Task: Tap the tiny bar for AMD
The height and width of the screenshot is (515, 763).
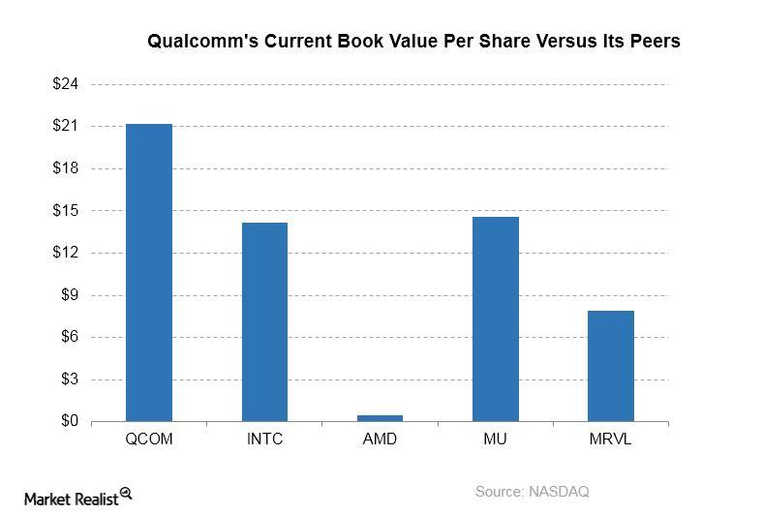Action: click(380, 418)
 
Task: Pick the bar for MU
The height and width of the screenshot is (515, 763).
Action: click(495, 319)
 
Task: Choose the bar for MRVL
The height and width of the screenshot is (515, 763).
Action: click(610, 366)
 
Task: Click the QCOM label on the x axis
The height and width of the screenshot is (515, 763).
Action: click(149, 439)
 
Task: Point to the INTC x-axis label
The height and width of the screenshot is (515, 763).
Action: click(264, 439)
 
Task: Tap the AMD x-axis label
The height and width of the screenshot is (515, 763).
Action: click(380, 439)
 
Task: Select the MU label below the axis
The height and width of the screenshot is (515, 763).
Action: click(495, 439)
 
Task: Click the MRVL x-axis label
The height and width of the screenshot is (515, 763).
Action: click(610, 439)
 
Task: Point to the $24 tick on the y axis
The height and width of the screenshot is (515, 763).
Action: click(66, 84)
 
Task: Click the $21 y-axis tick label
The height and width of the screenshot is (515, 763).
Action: click(66, 127)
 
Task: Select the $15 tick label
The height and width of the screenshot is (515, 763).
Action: click(66, 211)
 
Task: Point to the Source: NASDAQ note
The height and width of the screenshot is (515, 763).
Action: click(532, 492)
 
